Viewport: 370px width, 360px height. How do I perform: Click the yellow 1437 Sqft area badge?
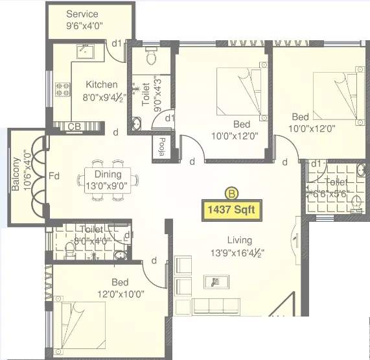tap(231, 210)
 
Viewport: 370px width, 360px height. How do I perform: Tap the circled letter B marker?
tap(231, 193)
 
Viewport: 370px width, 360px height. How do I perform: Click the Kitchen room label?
tap(102, 84)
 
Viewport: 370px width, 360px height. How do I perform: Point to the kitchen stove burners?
tap(63, 88)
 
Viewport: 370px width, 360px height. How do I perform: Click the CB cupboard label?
tap(73, 126)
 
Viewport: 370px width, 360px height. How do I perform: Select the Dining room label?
tap(107, 174)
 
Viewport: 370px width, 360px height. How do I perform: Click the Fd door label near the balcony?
tap(54, 175)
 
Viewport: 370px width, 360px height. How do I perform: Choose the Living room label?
tap(231, 239)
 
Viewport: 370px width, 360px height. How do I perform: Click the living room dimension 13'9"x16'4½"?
tap(237, 252)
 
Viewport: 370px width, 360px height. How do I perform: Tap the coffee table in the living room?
tap(214, 281)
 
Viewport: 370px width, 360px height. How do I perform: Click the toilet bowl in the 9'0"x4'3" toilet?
tap(151, 57)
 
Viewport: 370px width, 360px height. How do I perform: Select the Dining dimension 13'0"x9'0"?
tap(108, 185)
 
